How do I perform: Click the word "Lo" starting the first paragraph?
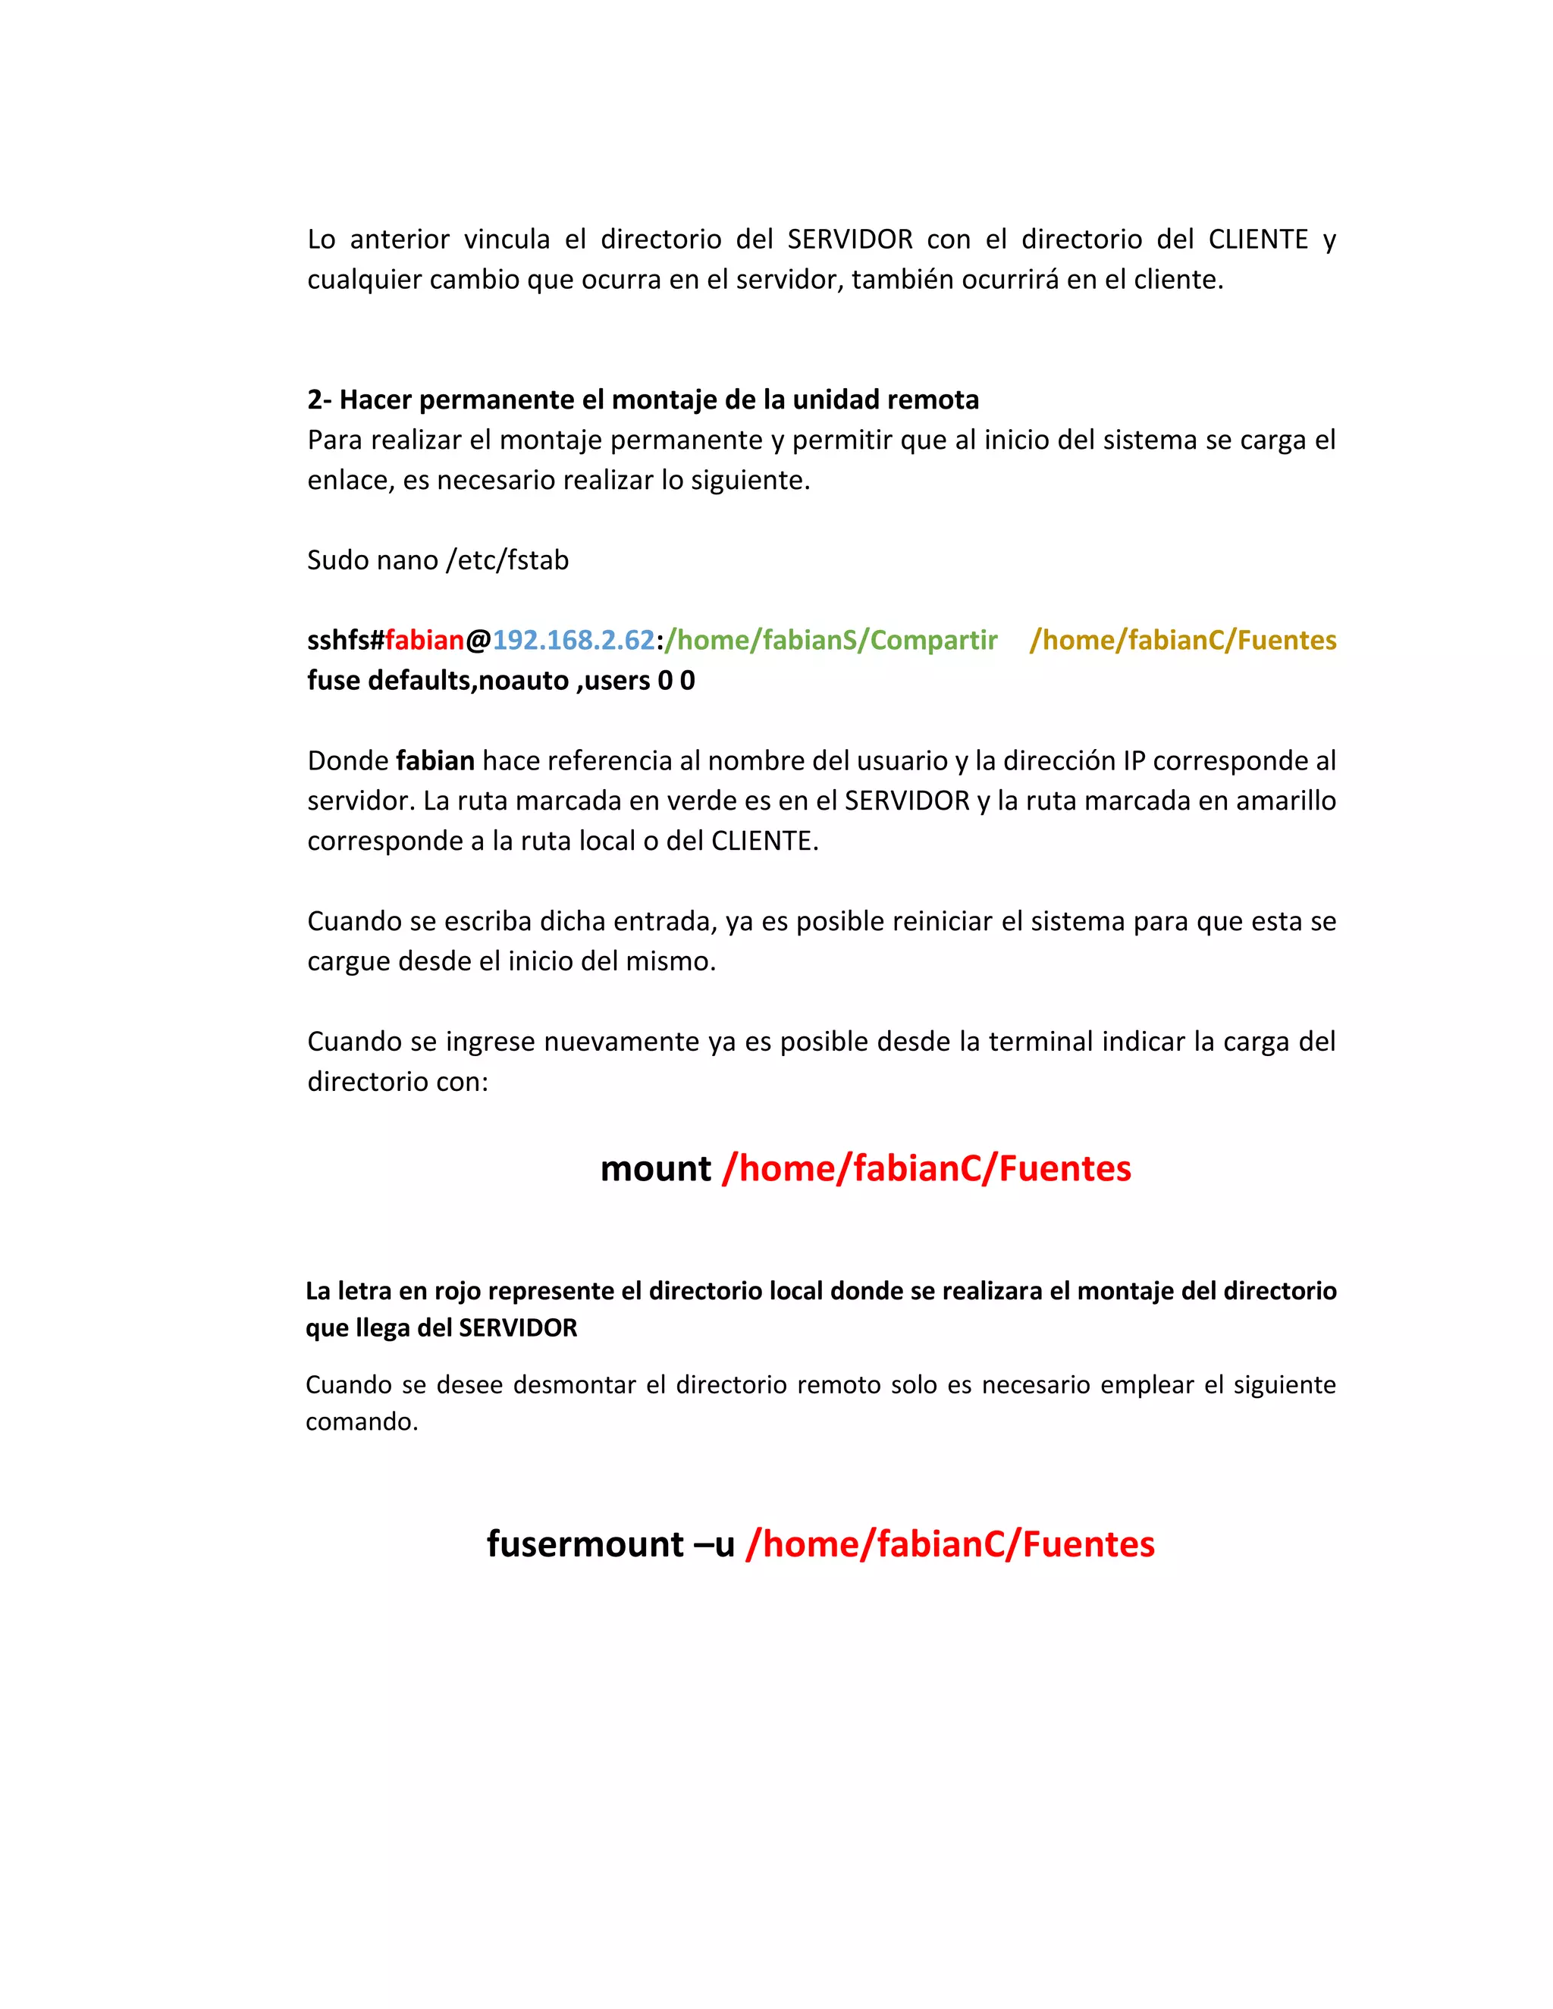tap(321, 239)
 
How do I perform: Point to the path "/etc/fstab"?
tap(507, 560)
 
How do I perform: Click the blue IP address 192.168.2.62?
tap(573, 641)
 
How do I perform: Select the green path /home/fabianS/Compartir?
tap(831, 641)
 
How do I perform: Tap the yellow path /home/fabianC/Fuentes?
tap(1182, 641)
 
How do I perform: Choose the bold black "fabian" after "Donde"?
tap(435, 760)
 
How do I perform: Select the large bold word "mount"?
tap(655, 1169)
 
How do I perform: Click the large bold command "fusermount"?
tap(585, 1544)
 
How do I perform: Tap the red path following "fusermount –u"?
tap(949, 1544)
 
